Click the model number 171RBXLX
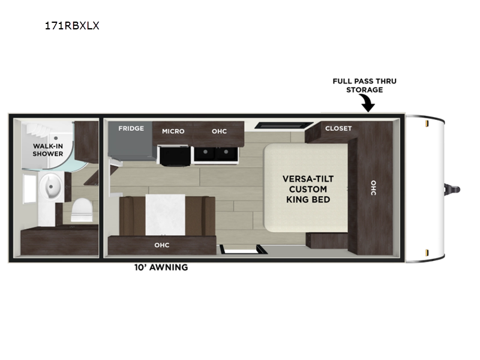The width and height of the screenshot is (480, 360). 72,26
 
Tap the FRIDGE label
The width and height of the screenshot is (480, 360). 131,128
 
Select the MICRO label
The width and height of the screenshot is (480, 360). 173,131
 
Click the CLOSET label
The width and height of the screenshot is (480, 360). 338,128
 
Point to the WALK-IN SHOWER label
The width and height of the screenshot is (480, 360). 48,150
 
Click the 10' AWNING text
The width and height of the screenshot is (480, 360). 161,267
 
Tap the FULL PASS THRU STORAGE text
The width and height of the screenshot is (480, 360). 365,85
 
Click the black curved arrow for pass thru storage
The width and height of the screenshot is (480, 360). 367,103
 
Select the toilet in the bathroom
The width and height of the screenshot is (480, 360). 82,209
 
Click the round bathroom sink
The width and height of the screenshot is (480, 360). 50,187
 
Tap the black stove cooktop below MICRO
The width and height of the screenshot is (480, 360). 173,156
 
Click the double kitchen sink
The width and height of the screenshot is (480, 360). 215,154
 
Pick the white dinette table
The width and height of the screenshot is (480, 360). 166,215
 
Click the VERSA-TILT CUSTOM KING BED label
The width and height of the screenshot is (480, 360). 308,189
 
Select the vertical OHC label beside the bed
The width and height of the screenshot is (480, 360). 373,188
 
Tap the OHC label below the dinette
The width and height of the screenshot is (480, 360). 161,245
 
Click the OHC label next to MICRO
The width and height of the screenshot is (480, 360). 219,131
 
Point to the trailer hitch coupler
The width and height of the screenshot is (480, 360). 452,189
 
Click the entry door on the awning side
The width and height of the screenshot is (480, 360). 243,250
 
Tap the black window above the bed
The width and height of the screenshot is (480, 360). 284,125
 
